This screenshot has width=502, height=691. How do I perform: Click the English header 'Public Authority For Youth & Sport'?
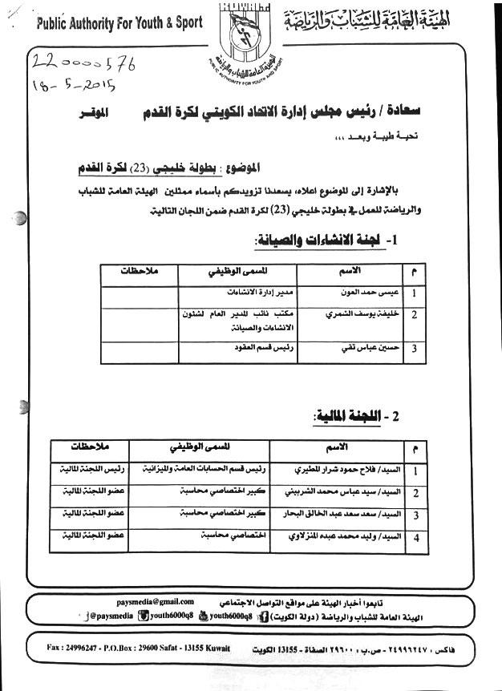[x=115, y=24]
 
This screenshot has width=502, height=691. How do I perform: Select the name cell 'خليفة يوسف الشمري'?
[x=358, y=316]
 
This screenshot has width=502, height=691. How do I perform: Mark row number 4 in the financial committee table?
[x=415, y=538]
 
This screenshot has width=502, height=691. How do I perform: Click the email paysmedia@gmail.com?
[x=155, y=601]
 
